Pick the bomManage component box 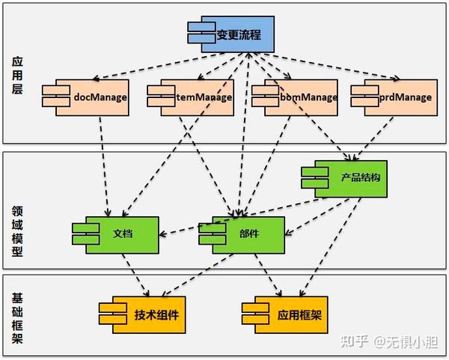pos(293,97)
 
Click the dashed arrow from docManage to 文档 pos(104,165)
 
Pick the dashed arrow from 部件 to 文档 pos(180,232)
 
